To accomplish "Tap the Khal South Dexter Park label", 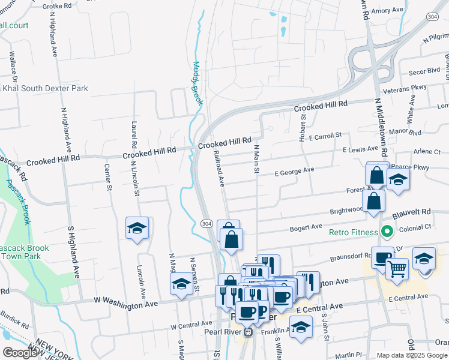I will pos(45,88).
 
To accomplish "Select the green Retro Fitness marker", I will pos(387,231).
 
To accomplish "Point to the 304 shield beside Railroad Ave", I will pos(206,223).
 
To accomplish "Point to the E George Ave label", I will pos(294,171).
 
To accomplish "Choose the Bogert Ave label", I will pos(306,227).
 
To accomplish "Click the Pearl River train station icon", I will pos(247,331).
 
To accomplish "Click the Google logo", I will pos(19,353).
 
